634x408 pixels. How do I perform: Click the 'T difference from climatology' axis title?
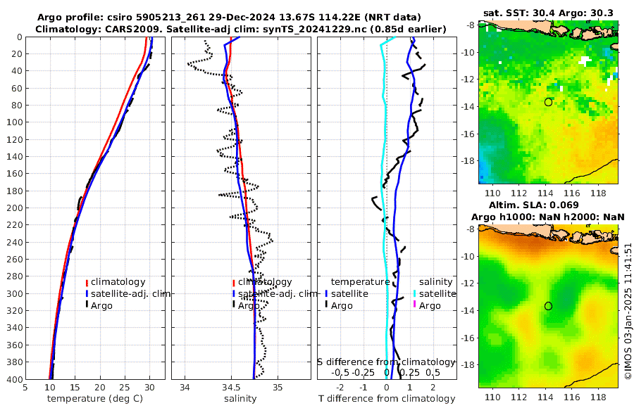[x=386, y=399]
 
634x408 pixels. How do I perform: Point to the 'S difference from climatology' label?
[x=386, y=362]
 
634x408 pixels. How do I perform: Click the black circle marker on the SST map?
[x=548, y=102]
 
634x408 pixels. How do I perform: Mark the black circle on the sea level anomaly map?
[x=548, y=306]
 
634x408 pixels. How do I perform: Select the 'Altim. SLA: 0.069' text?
[x=548, y=204]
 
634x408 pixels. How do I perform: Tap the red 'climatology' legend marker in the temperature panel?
[x=87, y=282]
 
